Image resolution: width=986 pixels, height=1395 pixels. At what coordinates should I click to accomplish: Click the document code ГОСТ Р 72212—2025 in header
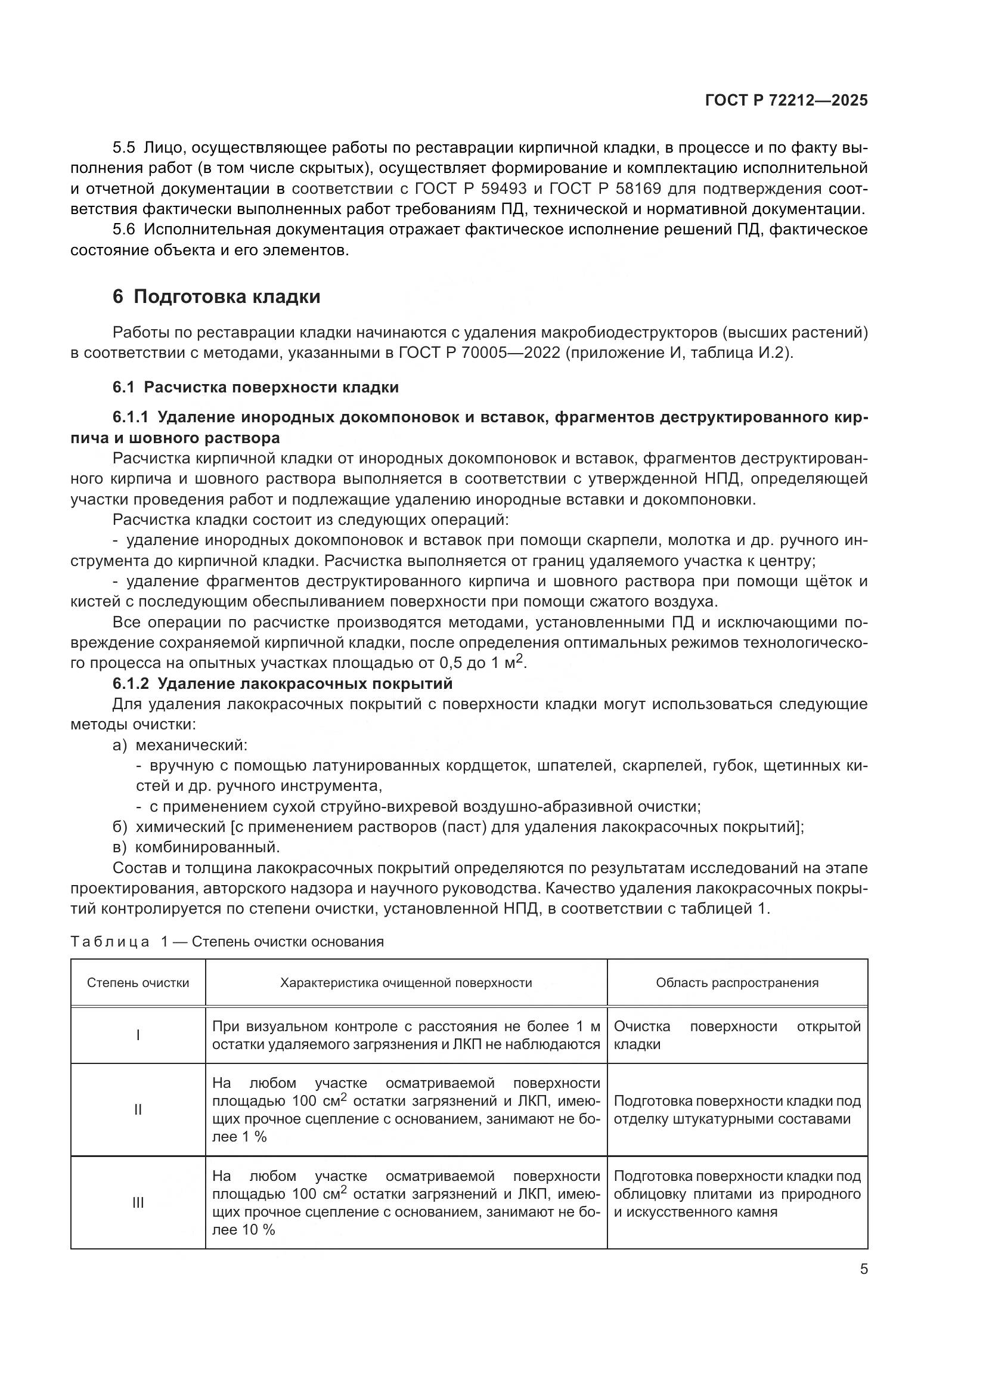(786, 100)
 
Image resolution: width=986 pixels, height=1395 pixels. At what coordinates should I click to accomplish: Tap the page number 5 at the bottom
(863, 1269)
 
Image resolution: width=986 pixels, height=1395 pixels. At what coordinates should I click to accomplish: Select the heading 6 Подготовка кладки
(216, 297)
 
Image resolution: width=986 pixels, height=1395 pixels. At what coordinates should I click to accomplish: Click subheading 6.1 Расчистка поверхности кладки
(256, 387)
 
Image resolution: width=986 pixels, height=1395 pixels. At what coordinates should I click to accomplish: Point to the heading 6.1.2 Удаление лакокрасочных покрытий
(283, 683)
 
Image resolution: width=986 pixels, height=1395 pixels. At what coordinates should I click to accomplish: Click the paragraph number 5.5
(124, 148)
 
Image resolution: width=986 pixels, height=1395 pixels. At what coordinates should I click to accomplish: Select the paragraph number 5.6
(124, 230)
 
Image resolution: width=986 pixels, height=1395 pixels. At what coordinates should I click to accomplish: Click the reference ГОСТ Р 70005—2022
(479, 353)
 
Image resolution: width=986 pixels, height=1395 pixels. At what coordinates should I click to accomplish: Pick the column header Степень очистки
(138, 983)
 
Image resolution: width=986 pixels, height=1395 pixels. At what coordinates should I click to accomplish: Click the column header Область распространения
(737, 983)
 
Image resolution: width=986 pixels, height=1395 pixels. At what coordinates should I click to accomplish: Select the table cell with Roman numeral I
(138, 1035)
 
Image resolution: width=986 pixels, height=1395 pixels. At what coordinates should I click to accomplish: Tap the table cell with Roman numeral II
(138, 1110)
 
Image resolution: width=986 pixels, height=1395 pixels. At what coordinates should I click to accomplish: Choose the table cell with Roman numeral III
(138, 1202)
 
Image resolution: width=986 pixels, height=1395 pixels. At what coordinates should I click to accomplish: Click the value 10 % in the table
(259, 1230)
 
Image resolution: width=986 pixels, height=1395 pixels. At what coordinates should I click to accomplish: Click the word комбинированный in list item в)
(207, 847)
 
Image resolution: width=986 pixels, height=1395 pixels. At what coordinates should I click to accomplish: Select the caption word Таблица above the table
(110, 942)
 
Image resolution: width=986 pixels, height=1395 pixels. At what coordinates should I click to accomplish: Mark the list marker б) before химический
(119, 827)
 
